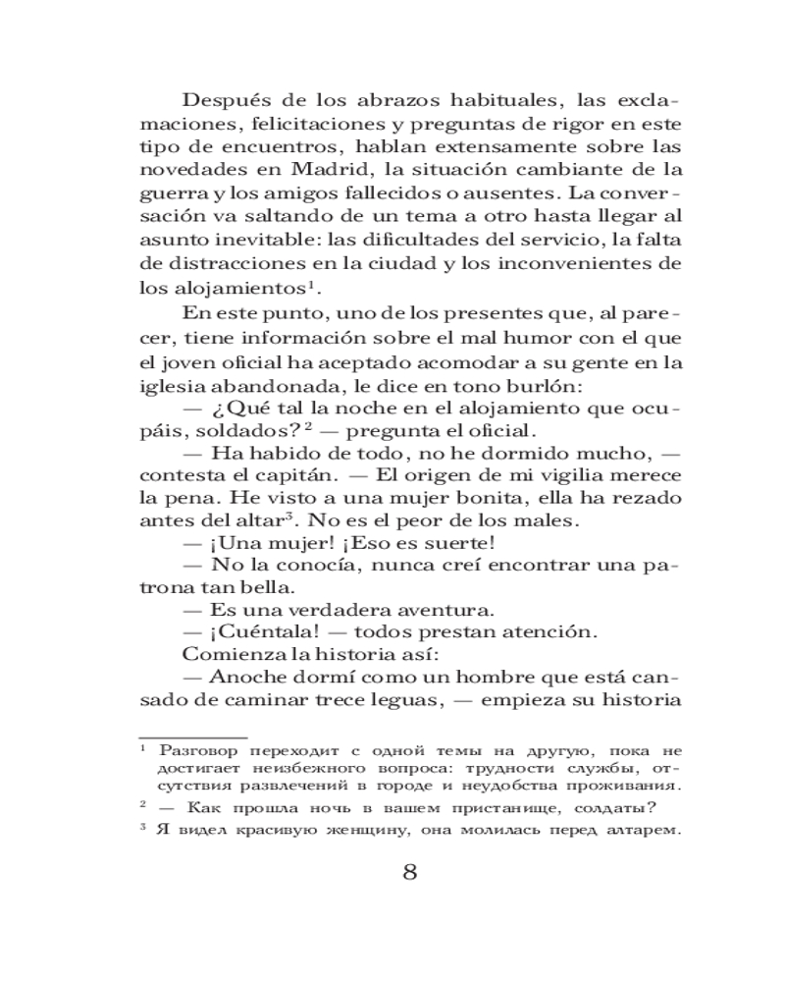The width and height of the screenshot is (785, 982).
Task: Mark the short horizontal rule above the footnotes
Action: pyautogui.click(x=192, y=735)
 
